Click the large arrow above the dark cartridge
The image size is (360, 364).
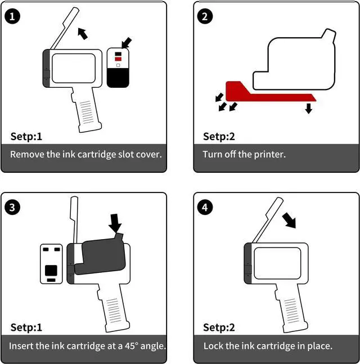115,223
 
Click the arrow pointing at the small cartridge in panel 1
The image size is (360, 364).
127,42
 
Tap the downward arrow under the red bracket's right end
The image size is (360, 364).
308,107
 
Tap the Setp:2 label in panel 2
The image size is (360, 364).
219,136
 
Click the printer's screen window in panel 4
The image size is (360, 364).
277,263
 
